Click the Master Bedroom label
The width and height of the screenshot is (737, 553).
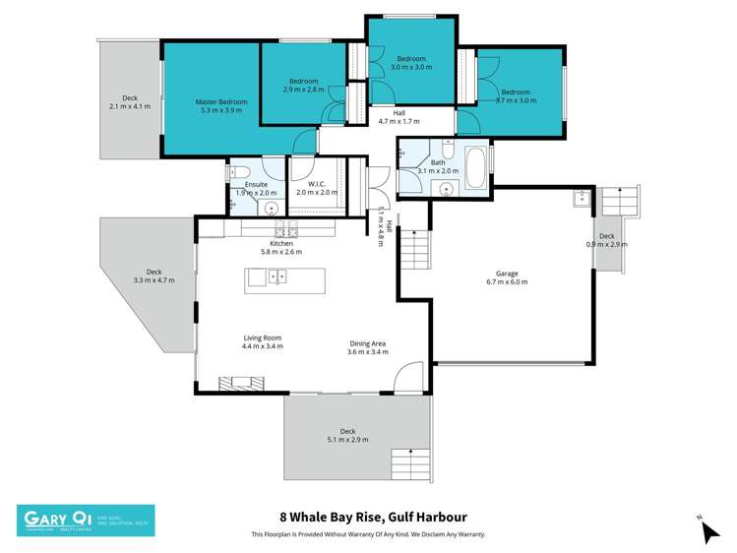coord(220,101)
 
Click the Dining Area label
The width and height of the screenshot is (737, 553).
coord(367,344)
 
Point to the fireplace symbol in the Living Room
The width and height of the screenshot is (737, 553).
coord(235,384)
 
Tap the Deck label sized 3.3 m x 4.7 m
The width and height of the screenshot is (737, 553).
coord(154,276)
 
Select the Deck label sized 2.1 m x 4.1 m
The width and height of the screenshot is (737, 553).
coord(129,101)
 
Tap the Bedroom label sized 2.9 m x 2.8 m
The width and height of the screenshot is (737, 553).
coord(304,85)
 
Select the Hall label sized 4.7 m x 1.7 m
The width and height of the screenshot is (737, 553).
coord(399,117)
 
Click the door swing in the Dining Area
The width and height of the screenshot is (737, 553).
coord(410,377)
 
